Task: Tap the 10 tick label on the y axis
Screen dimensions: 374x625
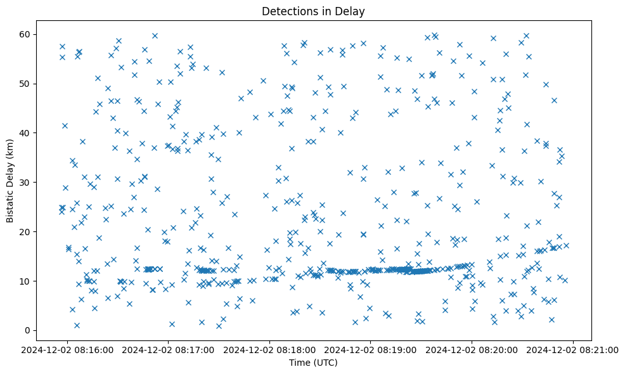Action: (x=26, y=281)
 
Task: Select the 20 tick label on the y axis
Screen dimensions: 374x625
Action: (x=26, y=231)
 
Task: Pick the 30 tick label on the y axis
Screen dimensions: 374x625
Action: (x=26, y=182)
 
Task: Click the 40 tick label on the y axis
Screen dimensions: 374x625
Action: (x=26, y=132)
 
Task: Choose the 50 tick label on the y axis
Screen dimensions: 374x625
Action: (x=26, y=84)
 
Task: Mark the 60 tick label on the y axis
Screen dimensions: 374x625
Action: (x=26, y=34)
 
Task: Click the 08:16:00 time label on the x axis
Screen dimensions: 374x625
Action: (x=68, y=349)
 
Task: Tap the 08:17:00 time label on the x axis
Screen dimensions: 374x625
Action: (x=169, y=349)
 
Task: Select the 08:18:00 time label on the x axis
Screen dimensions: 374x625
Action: (x=270, y=349)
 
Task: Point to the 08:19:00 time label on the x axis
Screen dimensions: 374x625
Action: (x=371, y=349)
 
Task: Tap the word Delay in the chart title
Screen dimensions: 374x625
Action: (x=352, y=11)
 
